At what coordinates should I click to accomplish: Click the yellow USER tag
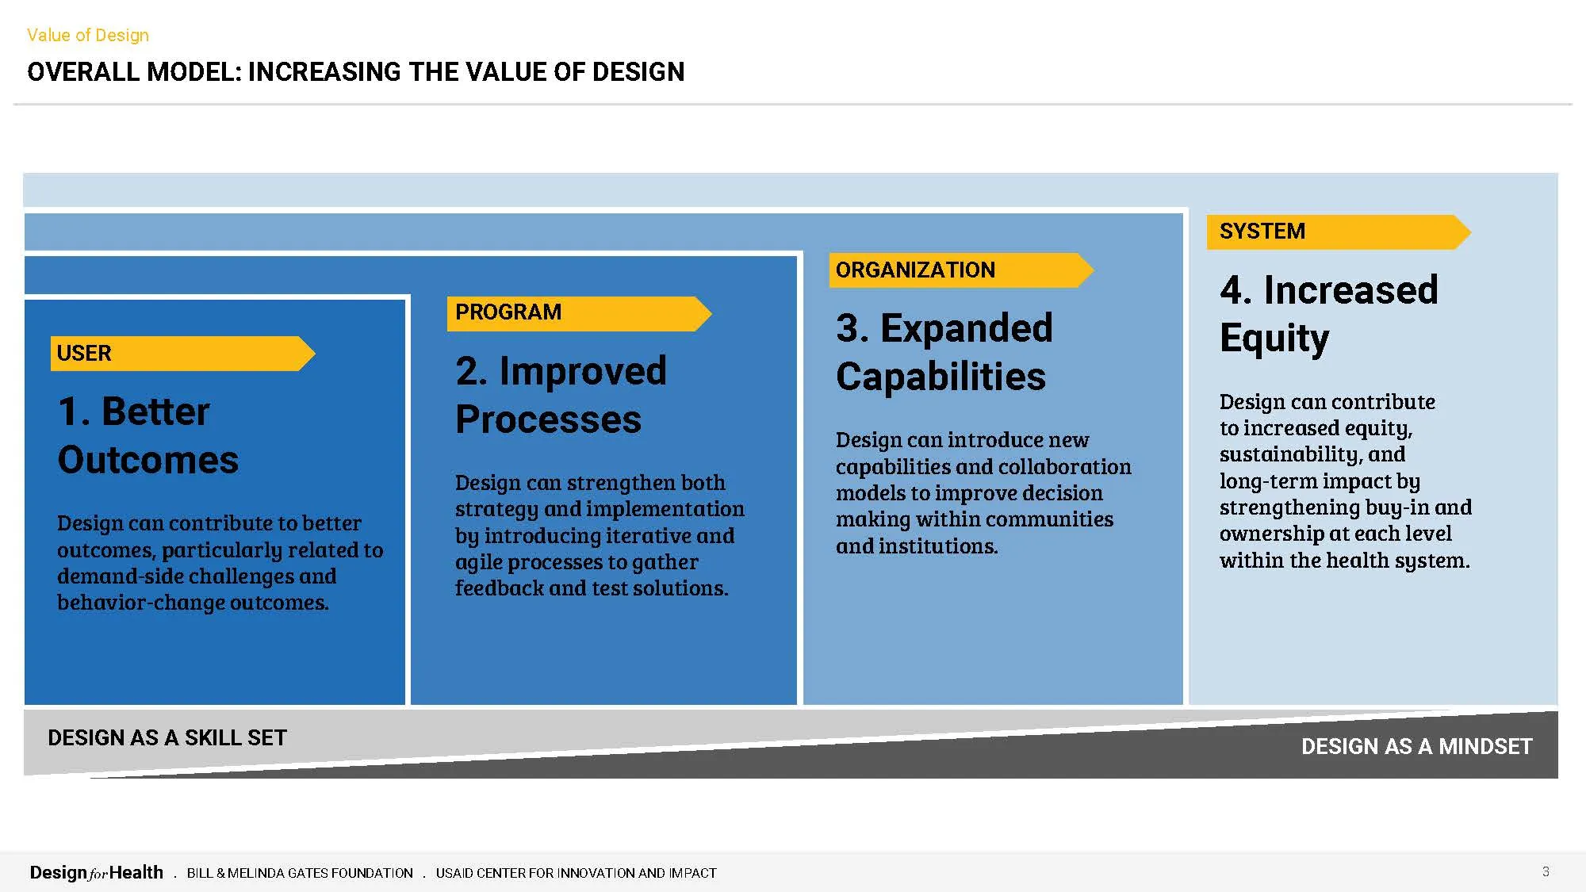tap(182, 354)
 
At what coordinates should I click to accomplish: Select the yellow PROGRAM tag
tap(579, 313)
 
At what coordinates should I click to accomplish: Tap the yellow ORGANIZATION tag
tap(961, 270)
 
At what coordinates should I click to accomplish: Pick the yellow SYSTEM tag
tap(1339, 232)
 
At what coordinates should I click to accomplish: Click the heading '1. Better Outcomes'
tap(148, 435)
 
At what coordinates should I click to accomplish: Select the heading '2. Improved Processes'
tap(561, 395)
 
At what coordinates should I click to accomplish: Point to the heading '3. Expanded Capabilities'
tap(944, 352)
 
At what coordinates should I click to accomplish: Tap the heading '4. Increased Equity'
tap(1328, 314)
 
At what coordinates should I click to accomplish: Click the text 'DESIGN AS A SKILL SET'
tap(167, 738)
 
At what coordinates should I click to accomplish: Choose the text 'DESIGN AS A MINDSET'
tap(1416, 747)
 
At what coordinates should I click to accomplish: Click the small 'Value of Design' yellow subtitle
tap(88, 35)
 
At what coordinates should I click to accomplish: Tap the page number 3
tap(1546, 871)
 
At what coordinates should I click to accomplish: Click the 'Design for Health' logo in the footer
tap(96, 873)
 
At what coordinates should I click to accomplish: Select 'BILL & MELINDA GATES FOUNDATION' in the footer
tap(300, 873)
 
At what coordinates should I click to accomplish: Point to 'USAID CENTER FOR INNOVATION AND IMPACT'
tap(576, 873)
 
